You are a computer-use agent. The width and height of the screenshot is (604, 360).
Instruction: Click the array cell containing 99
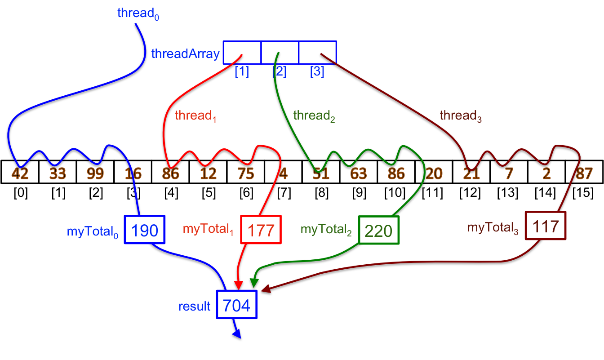(95, 173)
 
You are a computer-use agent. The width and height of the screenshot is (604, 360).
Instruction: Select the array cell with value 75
(245, 173)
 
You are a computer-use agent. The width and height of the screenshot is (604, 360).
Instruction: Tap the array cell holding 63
(358, 173)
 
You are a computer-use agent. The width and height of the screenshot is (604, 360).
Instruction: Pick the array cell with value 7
(509, 173)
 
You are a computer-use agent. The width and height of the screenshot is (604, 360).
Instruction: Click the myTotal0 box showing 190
(145, 230)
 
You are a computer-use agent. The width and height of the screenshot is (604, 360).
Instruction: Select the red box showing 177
(261, 230)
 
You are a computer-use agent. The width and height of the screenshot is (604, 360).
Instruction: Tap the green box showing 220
(378, 231)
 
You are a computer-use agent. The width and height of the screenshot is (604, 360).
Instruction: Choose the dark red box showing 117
(546, 226)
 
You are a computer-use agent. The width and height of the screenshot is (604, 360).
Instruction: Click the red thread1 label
(196, 116)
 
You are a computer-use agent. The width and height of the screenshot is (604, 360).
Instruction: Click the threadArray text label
(185, 54)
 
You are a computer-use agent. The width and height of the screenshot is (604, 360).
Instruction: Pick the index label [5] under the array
(209, 194)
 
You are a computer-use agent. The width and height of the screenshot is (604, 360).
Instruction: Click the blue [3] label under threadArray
(317, 71)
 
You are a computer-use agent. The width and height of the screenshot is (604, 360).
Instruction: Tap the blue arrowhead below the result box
(237, 334)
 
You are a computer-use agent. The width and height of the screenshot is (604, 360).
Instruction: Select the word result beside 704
(194, 307)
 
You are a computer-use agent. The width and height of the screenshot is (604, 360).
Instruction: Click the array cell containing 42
(20, 173)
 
